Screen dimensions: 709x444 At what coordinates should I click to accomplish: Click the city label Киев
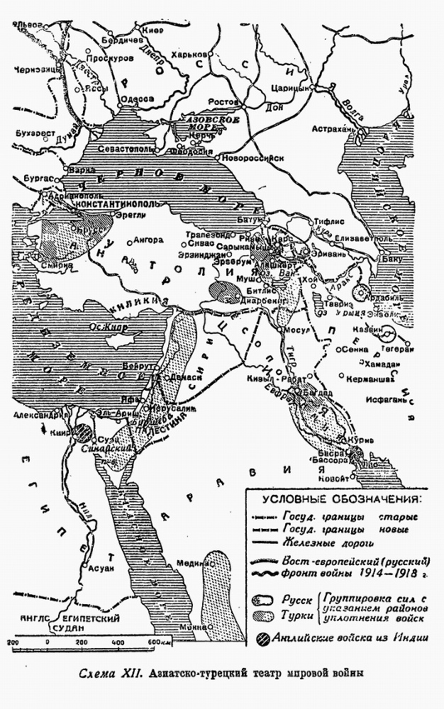coord(152,30)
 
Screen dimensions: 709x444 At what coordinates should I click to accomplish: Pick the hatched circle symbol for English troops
coord(262,636)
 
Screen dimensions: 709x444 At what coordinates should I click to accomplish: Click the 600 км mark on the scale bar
coord(153,642)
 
